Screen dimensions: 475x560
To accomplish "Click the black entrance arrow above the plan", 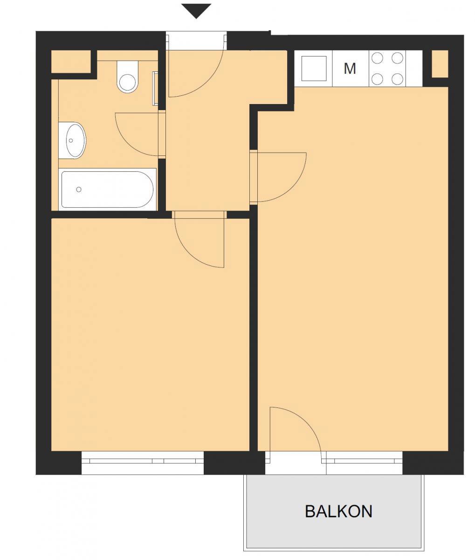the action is pos(196,11).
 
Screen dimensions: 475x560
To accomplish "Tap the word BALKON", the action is pos(338,511).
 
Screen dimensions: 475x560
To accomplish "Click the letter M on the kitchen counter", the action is pos(350,69).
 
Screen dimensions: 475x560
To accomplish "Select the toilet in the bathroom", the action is pos(127,77).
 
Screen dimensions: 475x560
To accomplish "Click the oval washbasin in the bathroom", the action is pos(72,140).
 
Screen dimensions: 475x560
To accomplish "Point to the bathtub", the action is pos(108,189).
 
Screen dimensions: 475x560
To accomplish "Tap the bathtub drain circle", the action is pos(79,189).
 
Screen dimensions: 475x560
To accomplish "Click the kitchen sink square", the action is pos(314,68).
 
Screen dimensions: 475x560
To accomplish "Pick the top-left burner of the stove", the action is pos(377,58).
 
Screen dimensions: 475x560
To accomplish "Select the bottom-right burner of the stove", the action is pos(397,79).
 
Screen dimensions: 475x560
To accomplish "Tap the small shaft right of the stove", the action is pos(440,64).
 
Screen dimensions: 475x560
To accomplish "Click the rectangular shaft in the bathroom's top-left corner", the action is pos(71,62).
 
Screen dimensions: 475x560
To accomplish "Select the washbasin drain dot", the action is pos(71,140).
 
